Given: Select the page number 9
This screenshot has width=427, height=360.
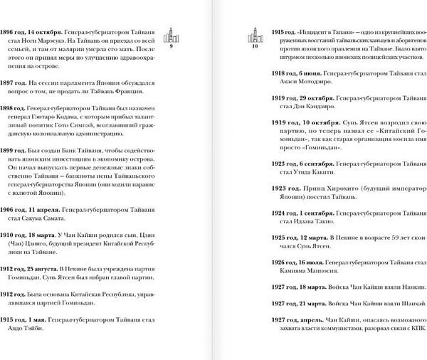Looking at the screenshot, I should click(172, 54).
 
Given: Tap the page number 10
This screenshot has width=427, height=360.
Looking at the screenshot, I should click(253, 54).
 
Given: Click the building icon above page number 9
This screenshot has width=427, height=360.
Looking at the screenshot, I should click(172, 38).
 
